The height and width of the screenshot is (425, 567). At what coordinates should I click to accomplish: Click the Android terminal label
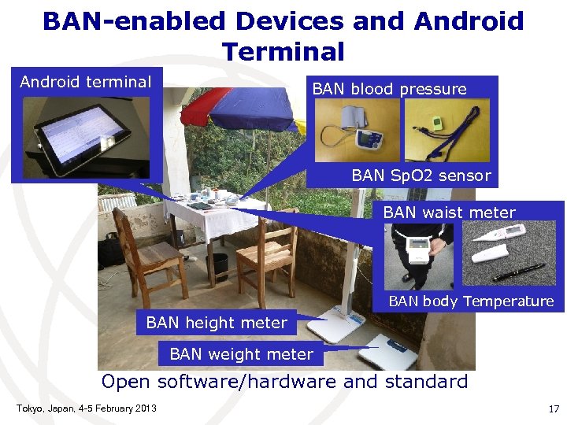pyautogui.click(x=85, y=82)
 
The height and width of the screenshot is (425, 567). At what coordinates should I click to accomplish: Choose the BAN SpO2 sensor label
pyautogui.click(x=421, y=176)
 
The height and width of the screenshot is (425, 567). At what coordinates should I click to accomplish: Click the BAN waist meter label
pyautogui.click(x=449, y=213)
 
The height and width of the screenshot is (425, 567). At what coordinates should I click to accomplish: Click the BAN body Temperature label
pyautogui.click(x=471, y=301)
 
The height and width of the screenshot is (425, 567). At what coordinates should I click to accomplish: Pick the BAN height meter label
pyautogui.click(x=217, y=323)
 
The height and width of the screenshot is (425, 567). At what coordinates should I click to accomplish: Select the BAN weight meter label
pyautogui.click(x=241, y=355)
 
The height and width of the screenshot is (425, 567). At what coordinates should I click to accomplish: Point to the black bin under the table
pyautogui.click(x=218, y=266)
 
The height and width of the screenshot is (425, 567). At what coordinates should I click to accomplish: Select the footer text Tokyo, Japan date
pyautogui.click(x=86, y=408)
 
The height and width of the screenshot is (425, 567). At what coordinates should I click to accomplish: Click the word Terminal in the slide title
pyautogui.click(x=283, y=52)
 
